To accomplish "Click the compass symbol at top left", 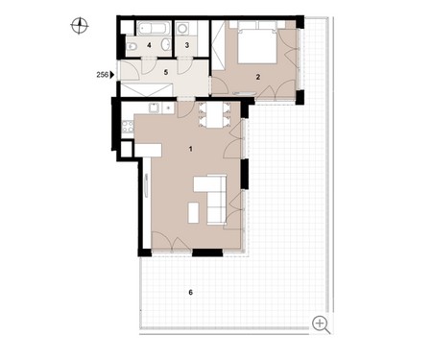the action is (x=80, y=26).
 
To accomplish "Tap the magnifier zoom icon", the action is (x=321, y=324).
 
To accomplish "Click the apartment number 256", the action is (x=103, y=75).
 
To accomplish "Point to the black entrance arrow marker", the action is (x=112, y=75).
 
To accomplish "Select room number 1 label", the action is (x=191, y=149).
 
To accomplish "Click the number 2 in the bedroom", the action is (x=258, y=77).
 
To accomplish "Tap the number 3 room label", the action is (x=187, y=45).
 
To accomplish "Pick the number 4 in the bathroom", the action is (x=149, y=45).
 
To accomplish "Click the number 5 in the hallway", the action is (x=166, y=72).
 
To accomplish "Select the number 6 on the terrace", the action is (x=191, y=293).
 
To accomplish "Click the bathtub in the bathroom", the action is (x=152, y=28).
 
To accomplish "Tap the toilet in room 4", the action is (x=132, y=47).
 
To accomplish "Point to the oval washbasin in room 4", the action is (x=165, y=45).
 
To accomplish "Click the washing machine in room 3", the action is (x=182, y=28).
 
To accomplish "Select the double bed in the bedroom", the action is (x=257, y=42).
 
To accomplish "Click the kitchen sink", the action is (x=155, y=108).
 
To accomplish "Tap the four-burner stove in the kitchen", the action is (x=128, y=127).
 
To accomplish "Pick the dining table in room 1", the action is (x=214, y=115).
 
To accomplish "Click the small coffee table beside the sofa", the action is (x=193, y=213).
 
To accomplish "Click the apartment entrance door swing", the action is (x=130, y=70).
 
